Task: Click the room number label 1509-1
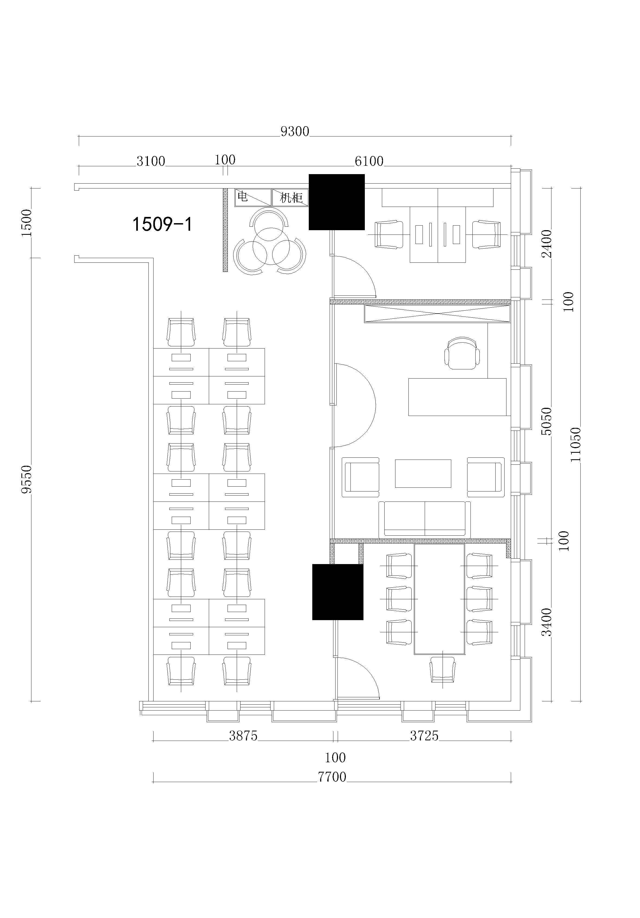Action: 162,224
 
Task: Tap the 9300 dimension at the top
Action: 295,132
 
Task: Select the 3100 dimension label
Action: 151,161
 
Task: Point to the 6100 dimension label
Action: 369,161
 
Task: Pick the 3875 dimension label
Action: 243,736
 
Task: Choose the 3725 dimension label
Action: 424,736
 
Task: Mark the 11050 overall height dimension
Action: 575,444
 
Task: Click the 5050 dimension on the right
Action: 546,421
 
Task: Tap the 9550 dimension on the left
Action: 26,479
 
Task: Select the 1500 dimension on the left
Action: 26,223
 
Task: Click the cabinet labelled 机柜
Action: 290,197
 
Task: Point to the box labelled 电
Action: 253,197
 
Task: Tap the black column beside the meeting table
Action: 337,592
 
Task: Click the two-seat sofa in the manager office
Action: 424,519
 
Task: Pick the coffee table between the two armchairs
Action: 423,473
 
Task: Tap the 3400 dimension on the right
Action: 546,622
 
